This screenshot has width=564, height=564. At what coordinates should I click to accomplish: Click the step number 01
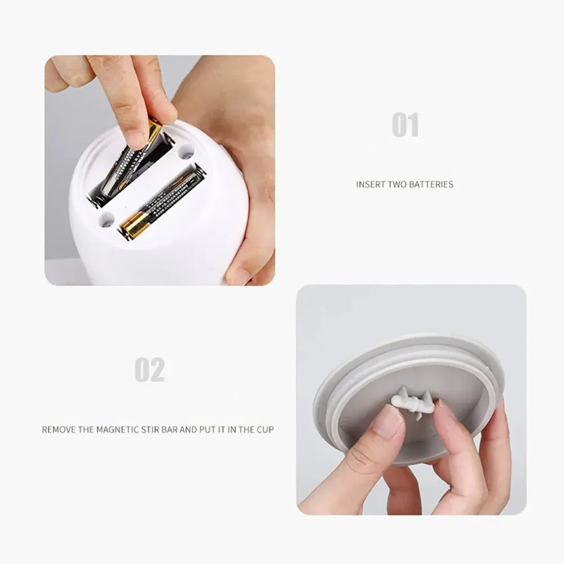[x=406, y=125]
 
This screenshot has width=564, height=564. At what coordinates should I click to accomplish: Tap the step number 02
[x=149, y=370]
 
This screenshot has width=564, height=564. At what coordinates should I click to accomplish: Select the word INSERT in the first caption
[x=369, y=184]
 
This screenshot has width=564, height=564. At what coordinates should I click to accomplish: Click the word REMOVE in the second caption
[x=59, y=430]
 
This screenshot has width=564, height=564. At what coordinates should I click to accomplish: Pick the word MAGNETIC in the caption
[x=116, y=430]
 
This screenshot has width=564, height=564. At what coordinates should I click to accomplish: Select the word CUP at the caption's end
[x=265, y=430]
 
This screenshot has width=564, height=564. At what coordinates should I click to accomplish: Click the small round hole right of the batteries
[x=186, y=151]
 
